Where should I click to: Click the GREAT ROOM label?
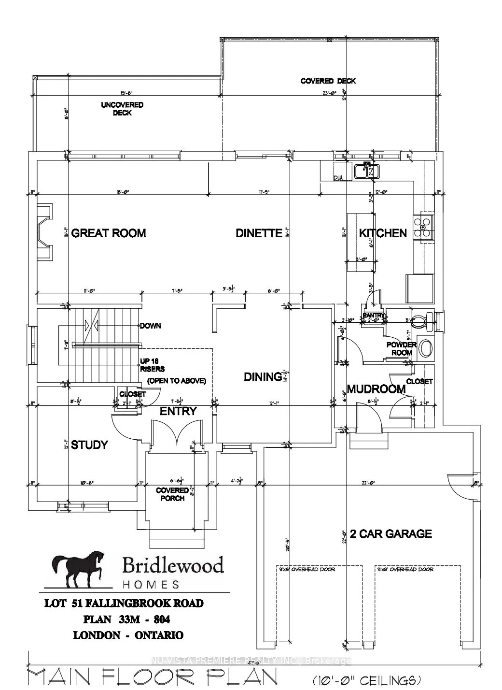click(x=108, y=233)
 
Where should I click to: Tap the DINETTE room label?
click(x=259, y=233)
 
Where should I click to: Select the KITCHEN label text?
click(x=383, y=233)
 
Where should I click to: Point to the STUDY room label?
click(x=89, y=445)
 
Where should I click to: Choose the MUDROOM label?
click(x=376, y=389)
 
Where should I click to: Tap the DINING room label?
click(x=263, y=377)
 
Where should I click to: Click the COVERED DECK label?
click(x=328, y=81)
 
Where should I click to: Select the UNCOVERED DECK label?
click(x=122, y=109)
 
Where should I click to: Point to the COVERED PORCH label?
click(x=172, y=494)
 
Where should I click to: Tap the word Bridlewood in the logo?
click(x=172, y=565)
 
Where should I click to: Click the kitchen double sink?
click(x=367, y=171)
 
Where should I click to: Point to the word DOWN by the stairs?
click(x=151, y=326)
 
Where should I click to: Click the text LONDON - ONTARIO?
click(x=128, y=635)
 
